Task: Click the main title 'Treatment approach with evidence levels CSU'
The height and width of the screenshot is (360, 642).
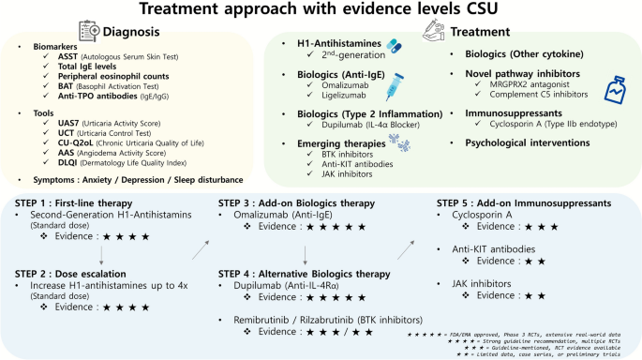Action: [321, 11]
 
